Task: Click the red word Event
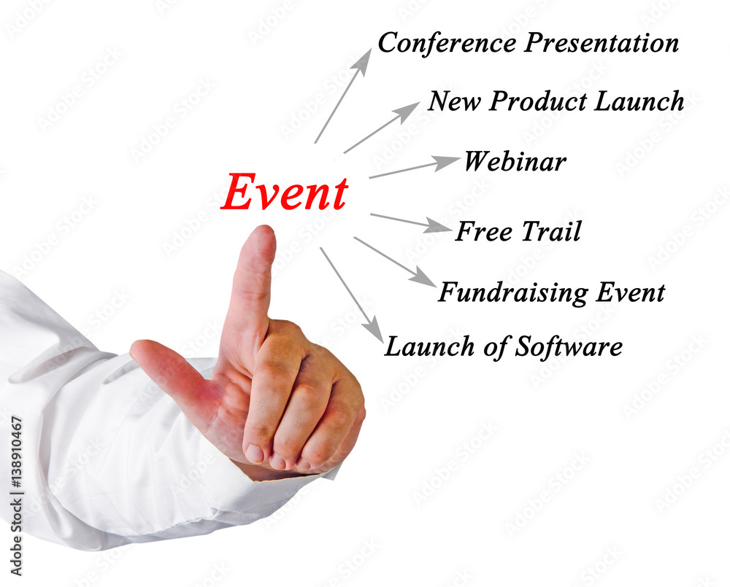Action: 285,192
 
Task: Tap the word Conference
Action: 447,43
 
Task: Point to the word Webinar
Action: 515,161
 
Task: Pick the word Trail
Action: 552,231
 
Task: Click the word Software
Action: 569,347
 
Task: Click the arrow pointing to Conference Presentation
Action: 344,96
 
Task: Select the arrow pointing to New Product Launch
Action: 382,128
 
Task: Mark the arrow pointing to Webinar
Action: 415,167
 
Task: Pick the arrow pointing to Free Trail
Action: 410,223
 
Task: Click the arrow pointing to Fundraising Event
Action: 395,262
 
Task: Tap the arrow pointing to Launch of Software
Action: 352,295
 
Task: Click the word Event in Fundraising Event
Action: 631,292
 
